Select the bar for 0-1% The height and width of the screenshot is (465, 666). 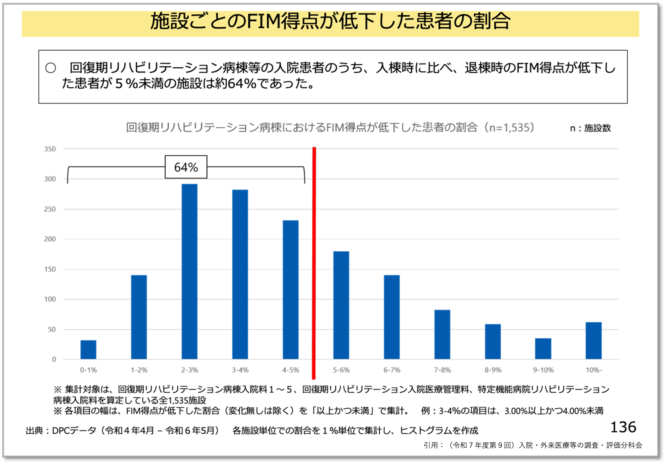click(88, 350)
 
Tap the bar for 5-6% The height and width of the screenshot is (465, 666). click(341, 305)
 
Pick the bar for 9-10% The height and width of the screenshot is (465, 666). click(543, 349)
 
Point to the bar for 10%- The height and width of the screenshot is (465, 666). click(593, 341)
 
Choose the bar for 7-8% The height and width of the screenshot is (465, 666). click(442, 334)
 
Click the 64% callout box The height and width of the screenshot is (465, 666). click(186, 167)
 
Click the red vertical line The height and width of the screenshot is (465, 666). click(314, 261)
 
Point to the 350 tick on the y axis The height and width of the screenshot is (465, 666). click(50, 149)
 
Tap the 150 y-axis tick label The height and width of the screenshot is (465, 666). click(50, 269)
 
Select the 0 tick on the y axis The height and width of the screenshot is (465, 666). click(54, 359)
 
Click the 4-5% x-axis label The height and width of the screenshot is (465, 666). click(291, 370)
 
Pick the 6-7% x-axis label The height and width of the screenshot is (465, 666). click(392, 370)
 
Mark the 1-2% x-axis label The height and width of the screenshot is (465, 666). click(139, 370)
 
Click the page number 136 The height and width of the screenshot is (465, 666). click(623, 427)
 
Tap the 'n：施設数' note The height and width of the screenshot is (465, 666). click(590, 128)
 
